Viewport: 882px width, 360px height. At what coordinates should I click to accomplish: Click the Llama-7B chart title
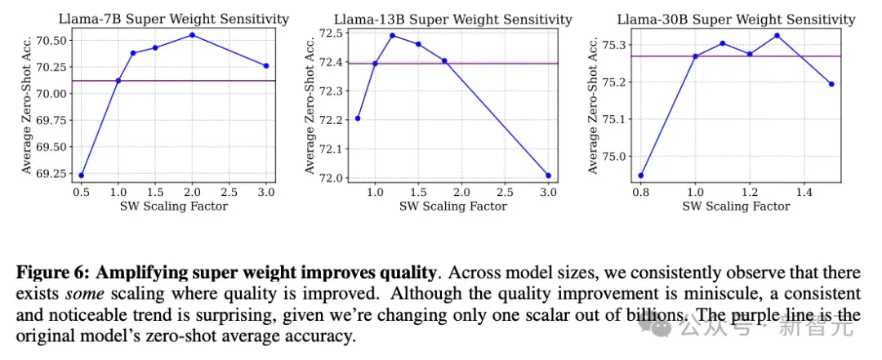[174, 19]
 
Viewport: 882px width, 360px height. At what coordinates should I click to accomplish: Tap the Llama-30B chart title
[736, 19]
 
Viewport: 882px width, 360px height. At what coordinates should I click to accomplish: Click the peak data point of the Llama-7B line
[193, 35]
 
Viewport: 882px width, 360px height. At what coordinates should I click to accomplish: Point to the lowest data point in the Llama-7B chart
[81, 175]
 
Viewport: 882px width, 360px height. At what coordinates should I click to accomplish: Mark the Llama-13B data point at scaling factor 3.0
[549, 176]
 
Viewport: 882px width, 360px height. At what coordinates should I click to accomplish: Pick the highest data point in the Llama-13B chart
[393, 35]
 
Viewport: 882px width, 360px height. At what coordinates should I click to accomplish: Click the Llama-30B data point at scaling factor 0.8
[641, 176]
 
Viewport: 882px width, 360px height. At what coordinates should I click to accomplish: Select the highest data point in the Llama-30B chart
[777, 35]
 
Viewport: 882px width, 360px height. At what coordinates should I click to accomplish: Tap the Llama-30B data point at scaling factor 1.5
[831, 84]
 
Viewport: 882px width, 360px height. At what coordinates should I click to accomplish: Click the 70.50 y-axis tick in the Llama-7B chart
[53, 41]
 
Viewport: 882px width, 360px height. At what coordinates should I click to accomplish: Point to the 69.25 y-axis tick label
[53, 173]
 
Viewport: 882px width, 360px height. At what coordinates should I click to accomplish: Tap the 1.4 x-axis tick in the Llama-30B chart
[804, 191]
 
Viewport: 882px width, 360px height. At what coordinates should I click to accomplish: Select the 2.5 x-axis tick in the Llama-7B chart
[229, 192]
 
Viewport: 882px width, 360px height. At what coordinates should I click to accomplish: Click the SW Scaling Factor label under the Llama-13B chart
[452, 206]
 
